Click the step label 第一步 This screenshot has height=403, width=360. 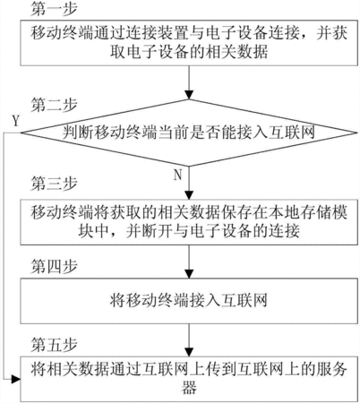click(54, 9)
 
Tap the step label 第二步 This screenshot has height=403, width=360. click(54, 105)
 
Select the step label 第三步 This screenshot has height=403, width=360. click(54, 184)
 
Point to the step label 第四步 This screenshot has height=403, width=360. click(54, 266)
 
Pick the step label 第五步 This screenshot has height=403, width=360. click(54, 345)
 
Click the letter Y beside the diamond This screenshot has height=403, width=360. click(16, 122)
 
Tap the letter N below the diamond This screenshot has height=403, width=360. click(178, 175)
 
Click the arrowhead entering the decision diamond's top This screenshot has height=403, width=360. click(189, 95)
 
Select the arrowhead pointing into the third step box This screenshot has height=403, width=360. click(189, 195)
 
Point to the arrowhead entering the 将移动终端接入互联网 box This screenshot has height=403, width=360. click(189, 274)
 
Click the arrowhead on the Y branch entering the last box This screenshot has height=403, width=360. click(16, 380)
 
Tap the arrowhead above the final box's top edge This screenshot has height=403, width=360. click(189, 352)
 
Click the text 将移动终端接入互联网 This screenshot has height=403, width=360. click(189, 300)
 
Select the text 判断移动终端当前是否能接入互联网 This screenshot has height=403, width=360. click(189, 133)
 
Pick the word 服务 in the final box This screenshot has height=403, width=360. click(332, 369)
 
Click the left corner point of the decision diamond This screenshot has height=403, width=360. click(21, 133)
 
